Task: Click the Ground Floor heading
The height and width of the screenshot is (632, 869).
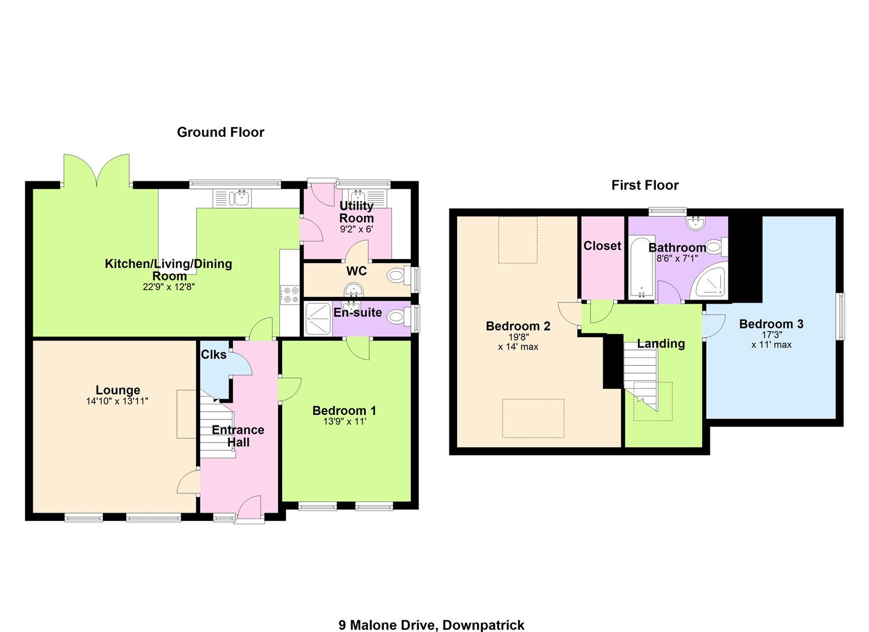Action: pyautogui.click(x=221, y=132)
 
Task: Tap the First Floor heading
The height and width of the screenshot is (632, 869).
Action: pyautogui.click(x=645, y=185)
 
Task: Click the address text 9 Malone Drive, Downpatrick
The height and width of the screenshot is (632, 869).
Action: pyautogui.click(x=431, y=614)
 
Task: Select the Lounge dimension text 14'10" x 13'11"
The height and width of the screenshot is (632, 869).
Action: pyautogui.click(x=117, y=401)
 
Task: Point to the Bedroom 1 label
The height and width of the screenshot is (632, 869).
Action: pyautogui.click(x=344, y=410)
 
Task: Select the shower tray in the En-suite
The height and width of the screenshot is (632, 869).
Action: pyautogui.click(x=318, y=319)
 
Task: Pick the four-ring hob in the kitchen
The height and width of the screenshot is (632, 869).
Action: pyautogui.click(x=290, y=294)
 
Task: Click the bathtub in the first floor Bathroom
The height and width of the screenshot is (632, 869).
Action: pyautogui.click(x=641, y=267)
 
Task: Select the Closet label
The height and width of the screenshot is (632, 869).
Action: pyautogui.click(x=602, y=246)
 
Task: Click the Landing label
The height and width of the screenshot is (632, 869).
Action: pyautogui.click(x=661, y=344)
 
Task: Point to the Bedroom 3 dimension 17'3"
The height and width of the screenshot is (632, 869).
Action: pyautogui.click(x=772, y=334)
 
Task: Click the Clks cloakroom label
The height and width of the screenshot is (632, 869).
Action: pyautogui.click(x=214, y=355)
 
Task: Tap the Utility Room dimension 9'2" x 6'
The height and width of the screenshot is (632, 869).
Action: pyautogui.click(x=356, y=229)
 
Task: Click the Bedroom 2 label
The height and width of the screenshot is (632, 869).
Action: pyautogui.click(x=518, y=327)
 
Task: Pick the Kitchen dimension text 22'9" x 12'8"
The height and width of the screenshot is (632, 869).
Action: pyautogui.click(x=169, y=287)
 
